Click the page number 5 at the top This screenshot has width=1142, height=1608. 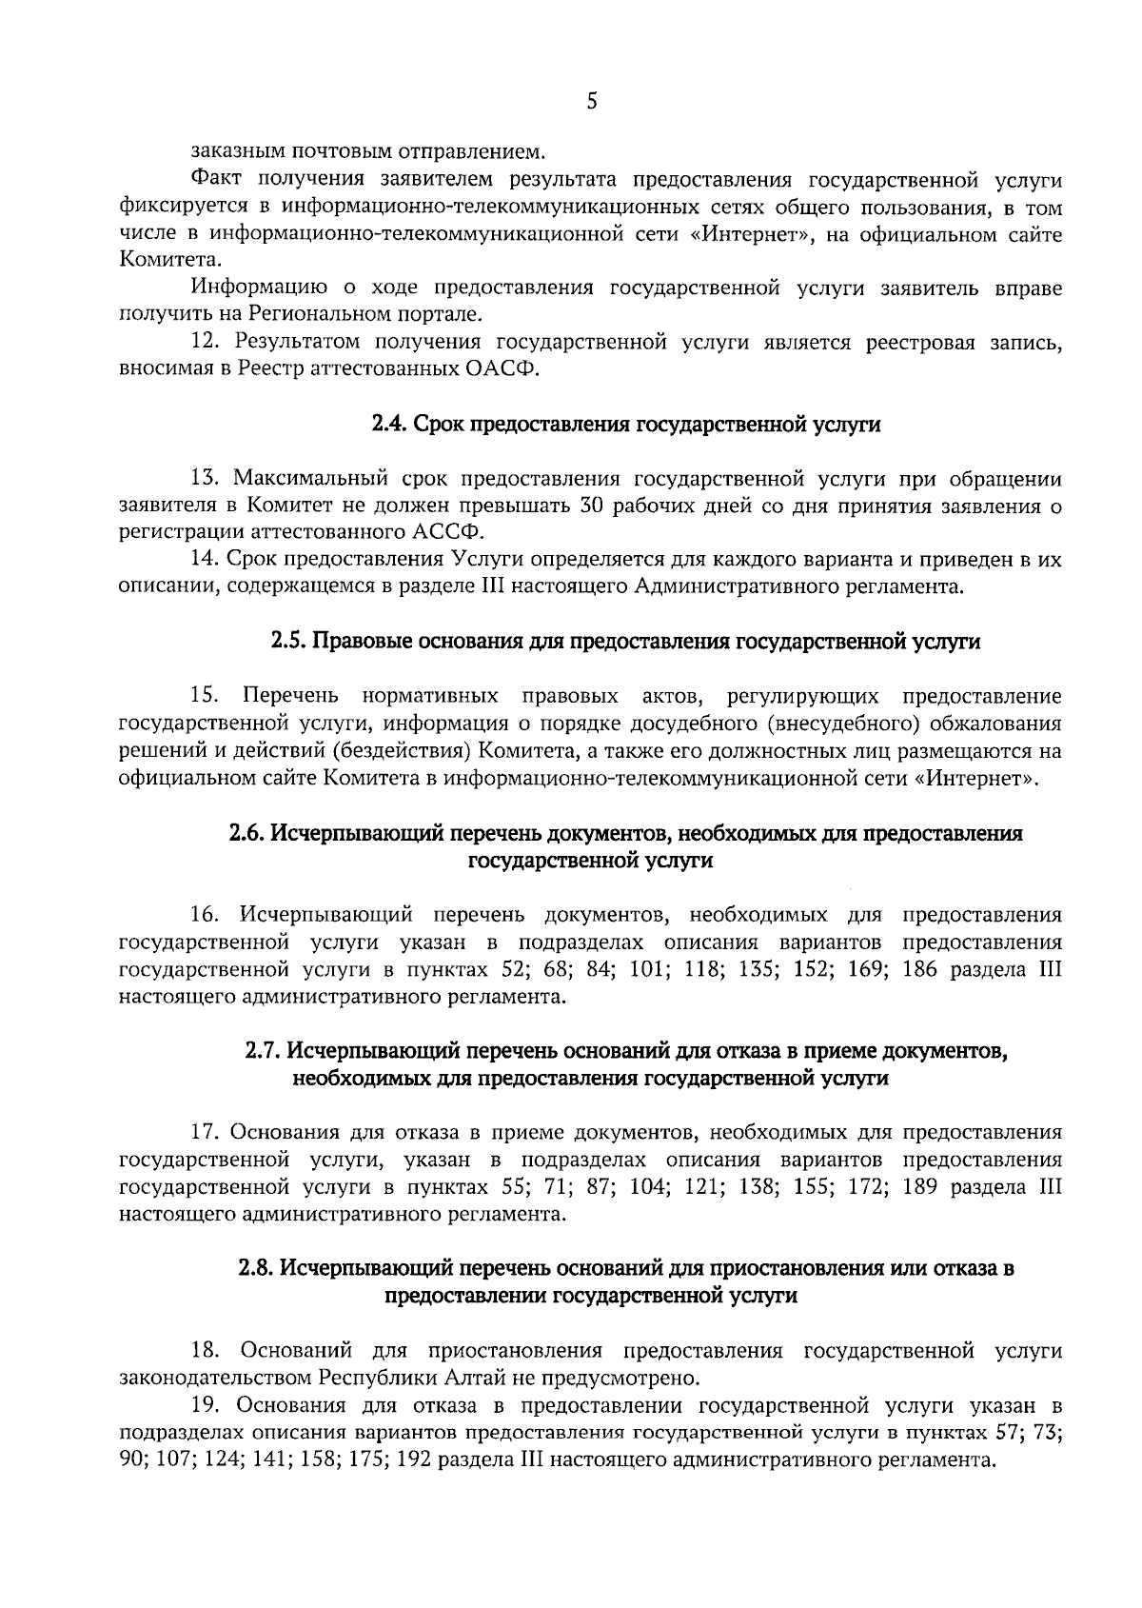(592, 102)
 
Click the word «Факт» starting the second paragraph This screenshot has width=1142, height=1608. (217, 180)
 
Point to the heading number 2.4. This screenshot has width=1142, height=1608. (389, 425)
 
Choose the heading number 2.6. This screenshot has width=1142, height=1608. (247, 834)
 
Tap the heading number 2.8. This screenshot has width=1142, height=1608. (255, 1269)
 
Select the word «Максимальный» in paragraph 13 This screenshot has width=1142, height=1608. (311, 478)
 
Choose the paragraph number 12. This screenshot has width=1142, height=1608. (205, 343)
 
